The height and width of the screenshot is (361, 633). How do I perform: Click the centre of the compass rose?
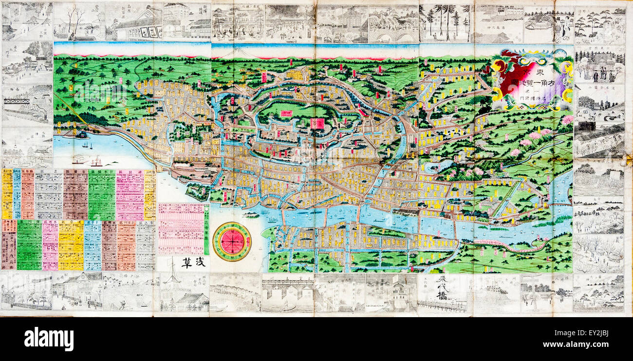232,241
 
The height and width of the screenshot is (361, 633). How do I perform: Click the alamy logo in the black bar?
49,339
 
